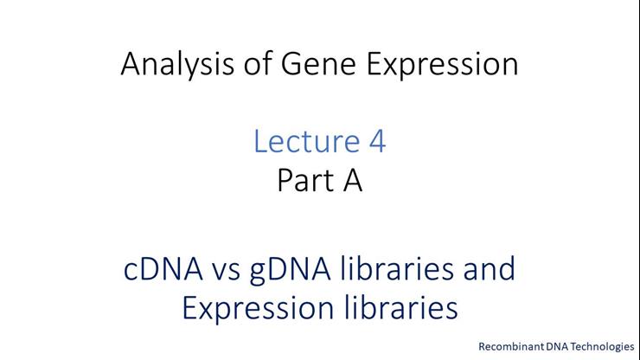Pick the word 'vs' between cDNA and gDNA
(231, 269)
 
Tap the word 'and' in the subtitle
(487, 269)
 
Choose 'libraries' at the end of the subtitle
(394, 306)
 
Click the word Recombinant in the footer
(509, 346)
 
